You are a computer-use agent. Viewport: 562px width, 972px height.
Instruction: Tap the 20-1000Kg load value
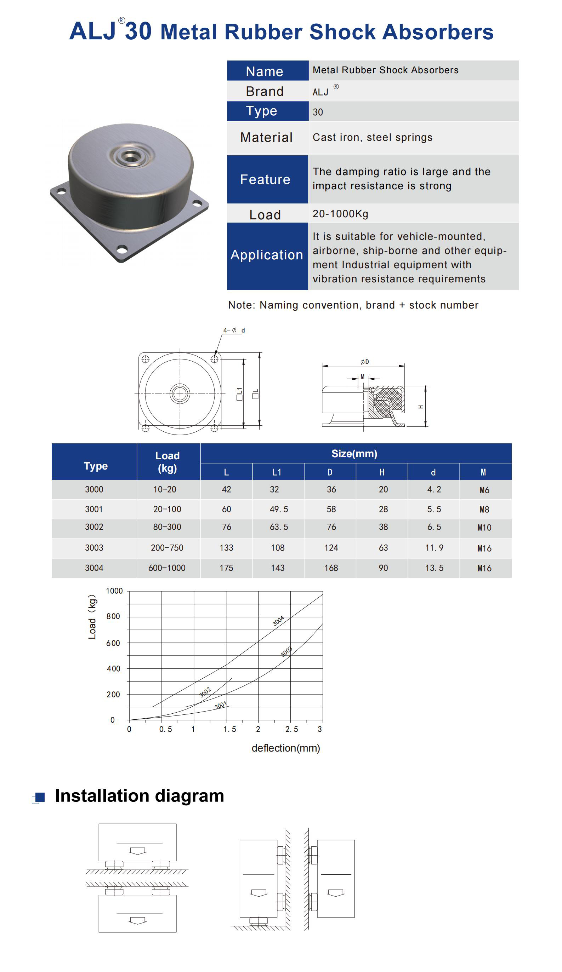point(340,214)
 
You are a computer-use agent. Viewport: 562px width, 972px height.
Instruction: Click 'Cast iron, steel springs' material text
point(372,137)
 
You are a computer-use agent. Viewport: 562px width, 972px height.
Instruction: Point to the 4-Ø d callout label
point(233,330)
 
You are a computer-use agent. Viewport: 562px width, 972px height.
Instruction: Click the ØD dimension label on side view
point(364,362)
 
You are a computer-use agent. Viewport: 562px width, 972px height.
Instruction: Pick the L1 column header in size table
point(277,472)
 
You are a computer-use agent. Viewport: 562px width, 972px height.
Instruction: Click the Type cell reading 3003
point(94,547)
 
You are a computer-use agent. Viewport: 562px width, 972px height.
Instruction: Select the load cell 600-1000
point(167,568)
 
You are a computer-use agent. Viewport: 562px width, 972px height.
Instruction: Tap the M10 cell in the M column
point(484,528)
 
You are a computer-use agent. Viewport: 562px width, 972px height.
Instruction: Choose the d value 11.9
point(434,547)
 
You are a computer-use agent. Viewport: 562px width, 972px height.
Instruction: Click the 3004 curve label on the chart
point(278,621)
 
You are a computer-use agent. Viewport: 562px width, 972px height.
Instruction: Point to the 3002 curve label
point(205,692)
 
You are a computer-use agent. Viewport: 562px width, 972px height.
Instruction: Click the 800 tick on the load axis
point(113,616)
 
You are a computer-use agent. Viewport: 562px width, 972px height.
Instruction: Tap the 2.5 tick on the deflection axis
point(291,729)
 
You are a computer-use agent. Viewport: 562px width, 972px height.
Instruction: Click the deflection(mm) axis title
point(286,748)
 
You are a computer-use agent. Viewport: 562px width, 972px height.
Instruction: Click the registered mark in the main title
point(121,21)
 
